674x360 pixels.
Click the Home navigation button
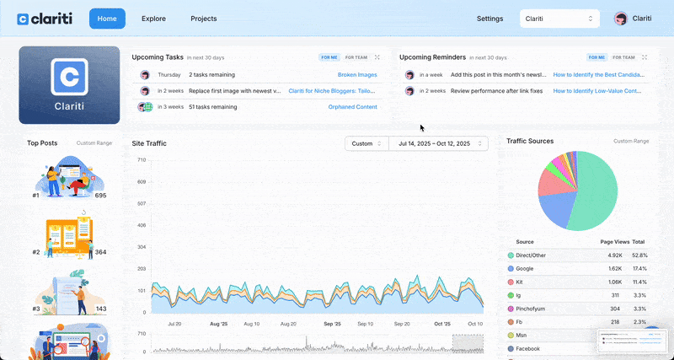click(x=107, y=19)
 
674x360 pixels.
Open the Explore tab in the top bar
click(x=153, y=19)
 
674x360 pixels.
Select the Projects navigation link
click(x=203, y=19)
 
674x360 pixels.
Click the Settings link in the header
click(x=489, y=19)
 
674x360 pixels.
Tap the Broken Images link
click(x=357, y=75)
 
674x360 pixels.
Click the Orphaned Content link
click(x=352, y=107)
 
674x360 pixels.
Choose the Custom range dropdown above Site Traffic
click(x=366, y=143)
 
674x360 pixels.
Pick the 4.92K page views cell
click(x=613, y=255)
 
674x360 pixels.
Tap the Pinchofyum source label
click(x=532, y=309)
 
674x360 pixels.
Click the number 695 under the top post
click(x=100, y=196)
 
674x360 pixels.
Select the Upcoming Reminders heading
click(x=432, y=57)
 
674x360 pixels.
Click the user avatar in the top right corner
click(x=621, y=19)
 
